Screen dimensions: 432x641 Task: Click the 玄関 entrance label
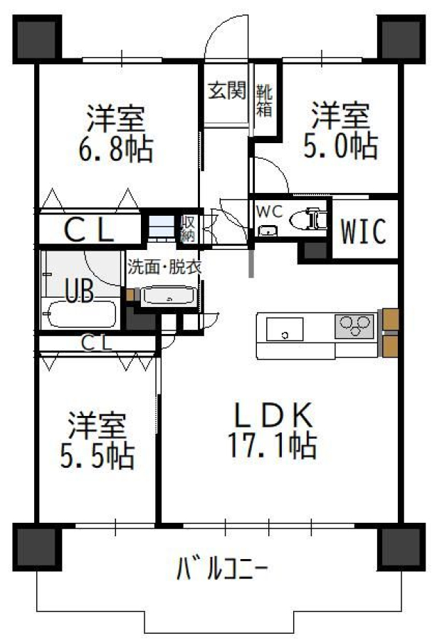point(227,90)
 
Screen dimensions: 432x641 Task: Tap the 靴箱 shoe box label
point(264,100)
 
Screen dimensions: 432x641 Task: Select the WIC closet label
point(364,231)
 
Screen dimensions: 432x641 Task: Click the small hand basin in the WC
point(267,231)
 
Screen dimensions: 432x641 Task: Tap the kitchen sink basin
point(285,329)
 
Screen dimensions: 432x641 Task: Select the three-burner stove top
point(354,326)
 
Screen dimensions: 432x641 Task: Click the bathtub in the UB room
point(80,314)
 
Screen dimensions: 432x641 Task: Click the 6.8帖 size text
point(115,150)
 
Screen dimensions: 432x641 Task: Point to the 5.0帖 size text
point(340,146)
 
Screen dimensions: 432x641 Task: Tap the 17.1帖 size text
point(272,446)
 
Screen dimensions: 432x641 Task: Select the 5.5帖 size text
point(98,455)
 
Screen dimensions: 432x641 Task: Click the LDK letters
point(273,415)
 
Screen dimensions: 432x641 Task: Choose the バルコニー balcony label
point(222,568)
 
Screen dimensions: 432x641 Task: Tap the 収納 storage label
point(188,229)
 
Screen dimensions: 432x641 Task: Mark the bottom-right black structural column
point(401,546)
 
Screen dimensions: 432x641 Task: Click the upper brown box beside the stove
point(390,319)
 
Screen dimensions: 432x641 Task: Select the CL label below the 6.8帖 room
point(89,230)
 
